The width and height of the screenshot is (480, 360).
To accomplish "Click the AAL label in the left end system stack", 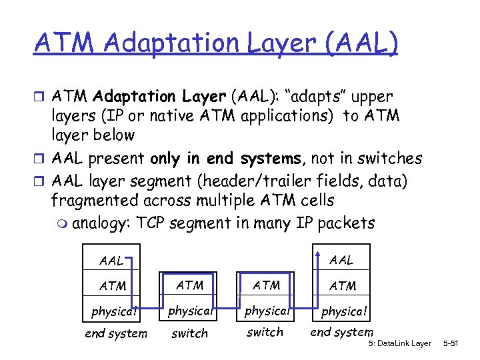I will (112, 261).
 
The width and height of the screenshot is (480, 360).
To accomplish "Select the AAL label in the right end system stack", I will (341, 260).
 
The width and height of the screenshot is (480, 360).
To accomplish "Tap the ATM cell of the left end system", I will (112, 286).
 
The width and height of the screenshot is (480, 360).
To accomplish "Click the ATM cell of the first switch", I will (190, 285).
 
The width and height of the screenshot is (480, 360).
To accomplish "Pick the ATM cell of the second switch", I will (267, 285).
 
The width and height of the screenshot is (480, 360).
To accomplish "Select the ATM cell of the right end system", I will (343, 286).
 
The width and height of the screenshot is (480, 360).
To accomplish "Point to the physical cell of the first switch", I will (190, 310).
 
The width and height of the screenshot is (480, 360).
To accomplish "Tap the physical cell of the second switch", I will (267, 310).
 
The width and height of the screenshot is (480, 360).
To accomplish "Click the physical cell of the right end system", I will (344, 311).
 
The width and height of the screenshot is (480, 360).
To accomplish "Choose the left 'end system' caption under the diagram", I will (116, 333).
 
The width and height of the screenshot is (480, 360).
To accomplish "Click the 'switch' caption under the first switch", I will (190, 333).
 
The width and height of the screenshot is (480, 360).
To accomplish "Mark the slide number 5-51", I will (459, 343).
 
